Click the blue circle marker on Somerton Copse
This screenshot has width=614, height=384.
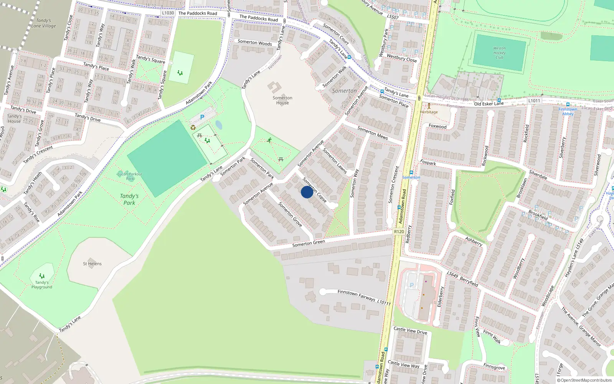pos(307,192)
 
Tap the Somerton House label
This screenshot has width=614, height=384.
pos(282,100)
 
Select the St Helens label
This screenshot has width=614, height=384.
pos(92,264)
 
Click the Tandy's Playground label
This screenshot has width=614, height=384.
pos(42,285)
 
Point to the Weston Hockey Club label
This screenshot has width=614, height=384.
pos(499,53)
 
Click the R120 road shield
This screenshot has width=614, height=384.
pos(399,232)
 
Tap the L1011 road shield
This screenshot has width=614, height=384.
pos(534,101)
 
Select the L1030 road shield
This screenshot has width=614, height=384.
pos(168,13)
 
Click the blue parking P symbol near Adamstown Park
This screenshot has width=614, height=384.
pos(202,117)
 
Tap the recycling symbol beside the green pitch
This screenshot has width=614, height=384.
pos(193,127)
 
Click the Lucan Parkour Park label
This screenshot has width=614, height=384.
pos(130,176)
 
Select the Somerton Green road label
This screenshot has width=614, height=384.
pos(309,243)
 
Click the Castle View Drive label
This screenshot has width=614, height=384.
pos(410,330)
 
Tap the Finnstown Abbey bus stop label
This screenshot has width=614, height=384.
pos(568,111)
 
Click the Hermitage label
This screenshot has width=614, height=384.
pos(429,112)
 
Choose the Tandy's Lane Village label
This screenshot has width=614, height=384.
pos(43,23)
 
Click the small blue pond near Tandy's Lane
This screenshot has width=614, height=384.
pos(218,125)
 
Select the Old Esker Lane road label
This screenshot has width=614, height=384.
pos(489,104)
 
